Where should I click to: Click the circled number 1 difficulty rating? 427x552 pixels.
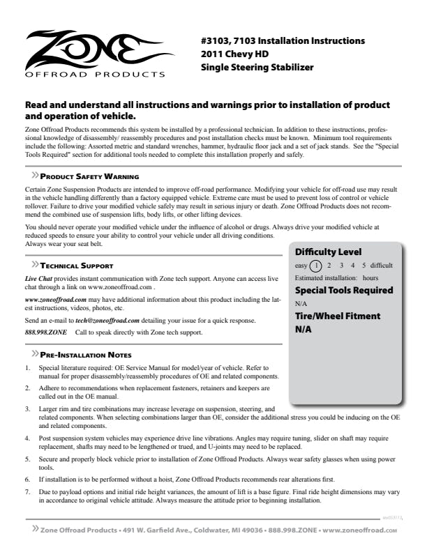click(x=315, y=266)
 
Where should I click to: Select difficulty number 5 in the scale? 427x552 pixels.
click(x=364, y=266)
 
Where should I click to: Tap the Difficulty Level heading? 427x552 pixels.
click(x=329, y=252)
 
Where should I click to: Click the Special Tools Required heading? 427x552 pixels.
click(x=344, y=290)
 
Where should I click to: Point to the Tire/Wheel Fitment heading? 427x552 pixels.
click(x=338, y=316)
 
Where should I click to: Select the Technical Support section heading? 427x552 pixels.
click(x=77, y=266)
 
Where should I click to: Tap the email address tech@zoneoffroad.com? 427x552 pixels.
click(x=107, y=321)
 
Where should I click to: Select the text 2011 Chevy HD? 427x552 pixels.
click(x=234, y=54)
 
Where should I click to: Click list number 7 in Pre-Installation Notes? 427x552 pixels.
click(x=27, y=492)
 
